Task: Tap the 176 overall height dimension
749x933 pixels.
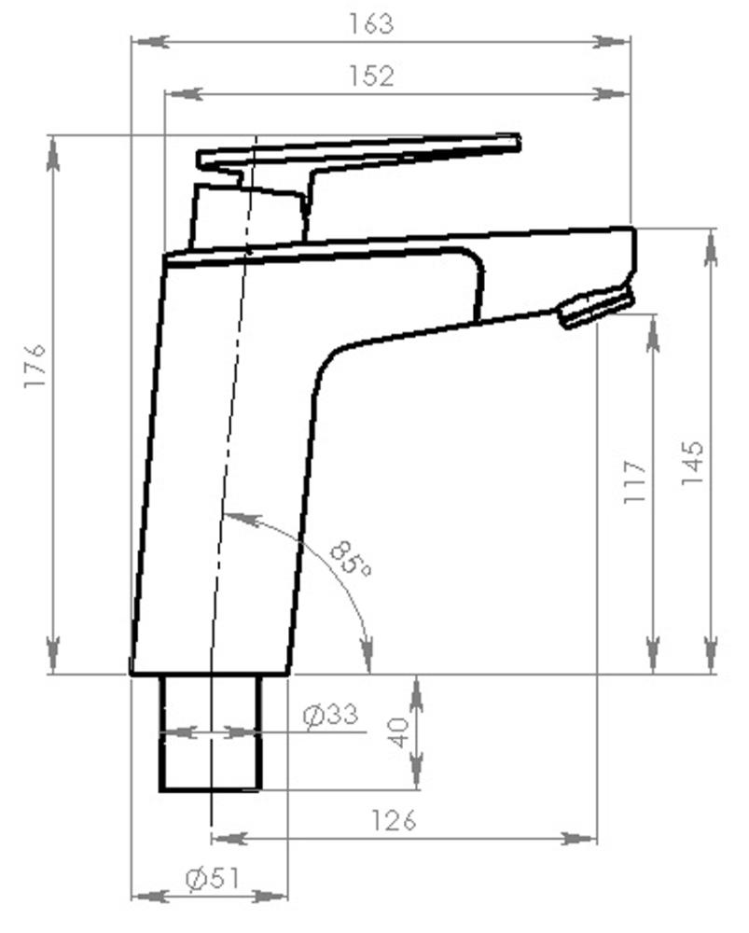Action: (35, 367)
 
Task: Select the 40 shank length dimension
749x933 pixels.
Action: (399, 731)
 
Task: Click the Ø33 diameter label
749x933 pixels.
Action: (330, 716)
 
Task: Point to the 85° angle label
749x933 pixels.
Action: (351, 558)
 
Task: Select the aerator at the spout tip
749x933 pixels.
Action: (595, 307)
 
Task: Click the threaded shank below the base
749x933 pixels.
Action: (210, 733)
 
